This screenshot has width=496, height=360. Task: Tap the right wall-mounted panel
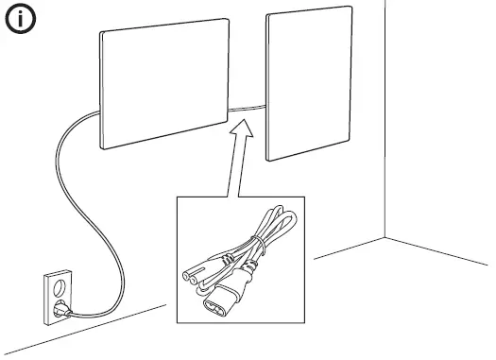[x=309, y=88]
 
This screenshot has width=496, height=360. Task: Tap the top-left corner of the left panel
[x=101, y=32]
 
